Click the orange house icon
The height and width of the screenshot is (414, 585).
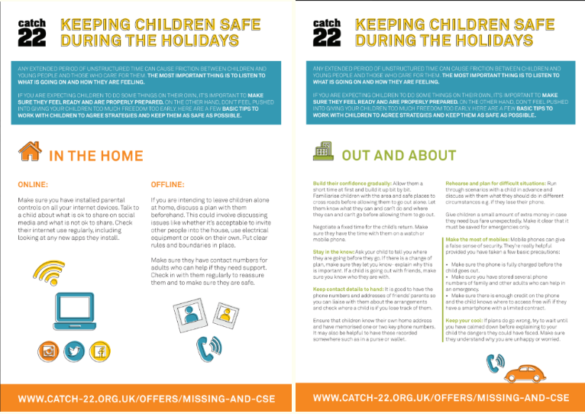tap(29, 152)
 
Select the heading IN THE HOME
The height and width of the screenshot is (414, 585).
tap(95, 156)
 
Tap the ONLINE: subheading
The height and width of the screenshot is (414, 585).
tap(33, 184)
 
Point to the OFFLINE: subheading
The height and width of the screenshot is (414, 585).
tap(167, 184)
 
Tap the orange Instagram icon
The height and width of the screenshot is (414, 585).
tap(48, 351)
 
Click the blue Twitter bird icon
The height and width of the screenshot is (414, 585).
tap(73, 351)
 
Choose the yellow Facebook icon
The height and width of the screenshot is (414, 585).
tap(99, 351)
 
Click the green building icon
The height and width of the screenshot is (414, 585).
tap(322, 153)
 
